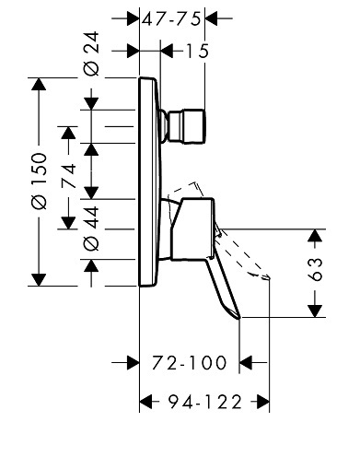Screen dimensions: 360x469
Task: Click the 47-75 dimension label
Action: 171,19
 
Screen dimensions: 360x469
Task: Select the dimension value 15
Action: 197,51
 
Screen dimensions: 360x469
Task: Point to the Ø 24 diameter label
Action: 92,53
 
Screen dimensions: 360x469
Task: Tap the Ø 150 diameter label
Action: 40,181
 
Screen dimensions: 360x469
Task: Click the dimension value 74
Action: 68,176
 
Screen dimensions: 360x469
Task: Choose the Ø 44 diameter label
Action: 92,229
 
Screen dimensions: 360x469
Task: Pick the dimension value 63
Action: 316,269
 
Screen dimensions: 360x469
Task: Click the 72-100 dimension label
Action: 190,363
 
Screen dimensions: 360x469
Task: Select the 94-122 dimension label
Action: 205,402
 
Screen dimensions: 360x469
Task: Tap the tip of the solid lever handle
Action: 239,319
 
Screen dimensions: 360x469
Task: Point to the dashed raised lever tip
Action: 266,277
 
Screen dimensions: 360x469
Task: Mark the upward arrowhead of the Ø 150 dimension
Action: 39,84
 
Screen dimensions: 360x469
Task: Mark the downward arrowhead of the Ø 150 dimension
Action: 39,279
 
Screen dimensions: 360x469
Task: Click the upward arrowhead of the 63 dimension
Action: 316,236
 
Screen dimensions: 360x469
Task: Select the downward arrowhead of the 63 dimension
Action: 316,311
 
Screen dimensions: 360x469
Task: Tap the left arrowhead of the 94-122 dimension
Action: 146,402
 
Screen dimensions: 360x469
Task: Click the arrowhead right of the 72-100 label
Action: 246,363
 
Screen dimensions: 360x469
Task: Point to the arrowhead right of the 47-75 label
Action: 212,18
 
